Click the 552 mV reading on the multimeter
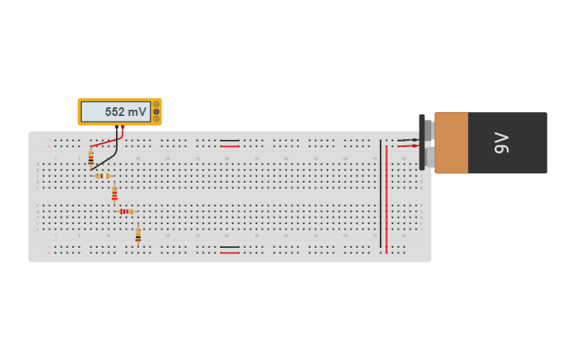(x=125, y=112)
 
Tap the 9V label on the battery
(x=501, y=143)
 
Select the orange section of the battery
(x=451, y=143)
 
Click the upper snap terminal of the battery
(x=428, y=129)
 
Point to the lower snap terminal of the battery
(x=428, y=157)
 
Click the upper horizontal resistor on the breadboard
(x=102, y=176)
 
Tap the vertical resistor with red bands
(x=114, y=193)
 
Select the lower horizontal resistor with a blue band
(x=125, y=211)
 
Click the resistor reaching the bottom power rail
(x=138, y=234)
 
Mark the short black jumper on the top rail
(x=230, y=141)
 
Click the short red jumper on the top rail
(x=230, y=146)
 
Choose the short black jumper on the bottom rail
(x=230, y=247)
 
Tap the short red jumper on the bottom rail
(x=230, y=253)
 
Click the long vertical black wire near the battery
(x=381, y=195)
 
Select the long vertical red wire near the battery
(x=386, y=199)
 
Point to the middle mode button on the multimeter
(x=157, y=111)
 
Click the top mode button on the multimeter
(x=157, y=104)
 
